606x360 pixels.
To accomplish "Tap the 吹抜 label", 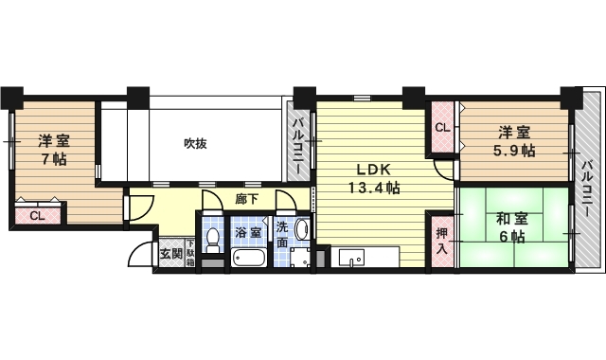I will (196, 144).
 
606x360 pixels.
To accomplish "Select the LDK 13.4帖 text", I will (371, 178).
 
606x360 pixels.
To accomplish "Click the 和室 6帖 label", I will (515, 227).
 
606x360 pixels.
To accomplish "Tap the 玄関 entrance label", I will (170, 253).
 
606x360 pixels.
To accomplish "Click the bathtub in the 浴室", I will (249, 258).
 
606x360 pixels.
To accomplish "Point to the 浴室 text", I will (247, 232).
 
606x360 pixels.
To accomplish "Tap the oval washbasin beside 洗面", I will (301, 229).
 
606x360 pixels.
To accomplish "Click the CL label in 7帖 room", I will (36, 216).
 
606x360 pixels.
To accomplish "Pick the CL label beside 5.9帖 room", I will (442, 128).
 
